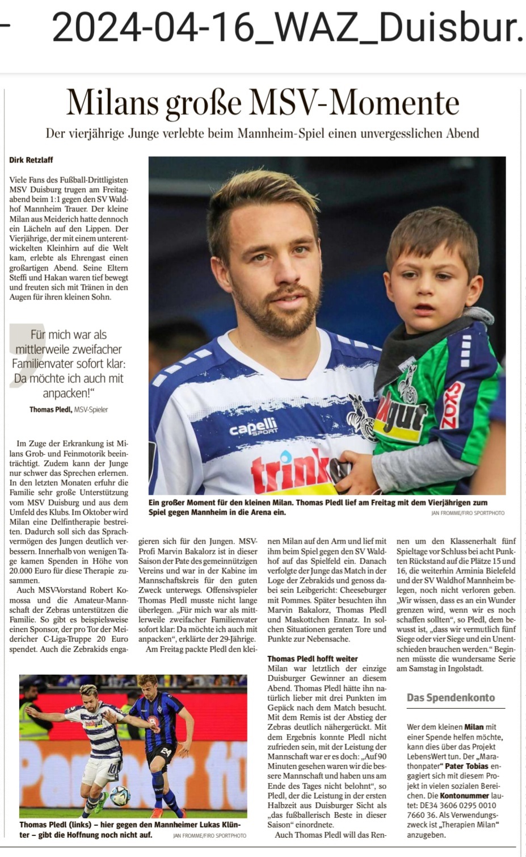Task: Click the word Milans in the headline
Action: [x=112, y=103]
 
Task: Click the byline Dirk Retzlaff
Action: [x=31, y=160]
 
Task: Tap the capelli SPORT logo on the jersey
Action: [x=253, y=427]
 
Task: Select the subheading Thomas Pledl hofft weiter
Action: [x=313, y=659]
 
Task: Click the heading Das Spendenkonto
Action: [x=451, y=697]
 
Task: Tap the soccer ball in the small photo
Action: [x=120, y=796]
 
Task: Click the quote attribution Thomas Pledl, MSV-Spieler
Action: [x=69, y=409]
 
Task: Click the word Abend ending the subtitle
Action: [x=460, y=133]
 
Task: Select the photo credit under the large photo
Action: [x=468, y=513]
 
